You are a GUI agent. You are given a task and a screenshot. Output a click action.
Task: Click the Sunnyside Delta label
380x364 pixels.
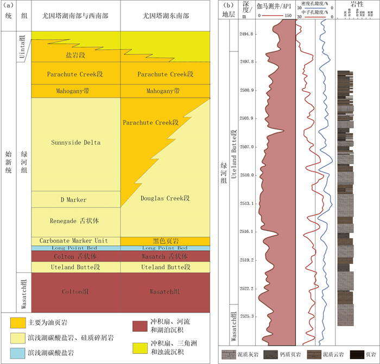pos(75,143)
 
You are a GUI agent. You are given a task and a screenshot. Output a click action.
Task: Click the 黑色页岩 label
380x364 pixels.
pos(164,240)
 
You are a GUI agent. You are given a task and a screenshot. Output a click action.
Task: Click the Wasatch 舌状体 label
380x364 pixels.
pos(164,256)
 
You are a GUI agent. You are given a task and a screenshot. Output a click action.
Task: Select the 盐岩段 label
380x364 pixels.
pos(75,55)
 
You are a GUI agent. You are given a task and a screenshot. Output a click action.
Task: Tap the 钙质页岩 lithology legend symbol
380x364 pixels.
pos(270,355)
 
